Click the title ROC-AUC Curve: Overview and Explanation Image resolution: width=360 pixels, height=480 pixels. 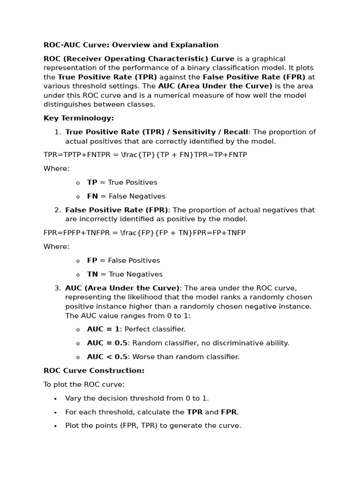pyautogui.click(x=131, y=45)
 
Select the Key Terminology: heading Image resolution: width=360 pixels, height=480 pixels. pyautogui.click(x=79, y=118)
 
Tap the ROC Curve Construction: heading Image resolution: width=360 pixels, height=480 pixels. pyautogui.click(x=94, y=371)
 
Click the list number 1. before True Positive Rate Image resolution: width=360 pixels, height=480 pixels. pyautogui.click(x=58, y=132)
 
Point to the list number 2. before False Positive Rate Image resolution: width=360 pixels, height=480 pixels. pyautogui.click(x=58, y=210)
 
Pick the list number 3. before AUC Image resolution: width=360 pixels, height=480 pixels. pyautogui.click(x=58, y=288)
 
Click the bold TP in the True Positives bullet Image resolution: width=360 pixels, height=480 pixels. pyautogui.click(x=92, y=182)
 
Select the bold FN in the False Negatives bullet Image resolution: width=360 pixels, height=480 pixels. pyautogui.click(x=92, y=196)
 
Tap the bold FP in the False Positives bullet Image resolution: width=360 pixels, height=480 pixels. pyautogui.click(x=92, y=261)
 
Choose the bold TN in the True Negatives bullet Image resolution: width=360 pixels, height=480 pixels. pyautogui.click(x=92, y=274)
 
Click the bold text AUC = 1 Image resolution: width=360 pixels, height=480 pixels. pyautogui.click(x=103, y=330)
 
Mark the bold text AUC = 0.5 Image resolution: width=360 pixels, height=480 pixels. pyautogui.click(x=107, y=343)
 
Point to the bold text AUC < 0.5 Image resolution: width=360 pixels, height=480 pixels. pyautogui.click(x=107, y=357)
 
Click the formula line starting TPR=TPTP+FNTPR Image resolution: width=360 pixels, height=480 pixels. pyautogui.click(x=145, y=155)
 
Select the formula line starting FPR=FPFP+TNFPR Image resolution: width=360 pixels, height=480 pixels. pyautogui.click(x=144, y=233)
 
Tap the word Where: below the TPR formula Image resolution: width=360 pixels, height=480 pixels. pyautogui.click(x=56, y=169)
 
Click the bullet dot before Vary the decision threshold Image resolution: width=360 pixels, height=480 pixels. pyautogui.click(x=55, y=399)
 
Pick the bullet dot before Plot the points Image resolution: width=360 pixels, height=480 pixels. pyautogui.click(x=55, y=426)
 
